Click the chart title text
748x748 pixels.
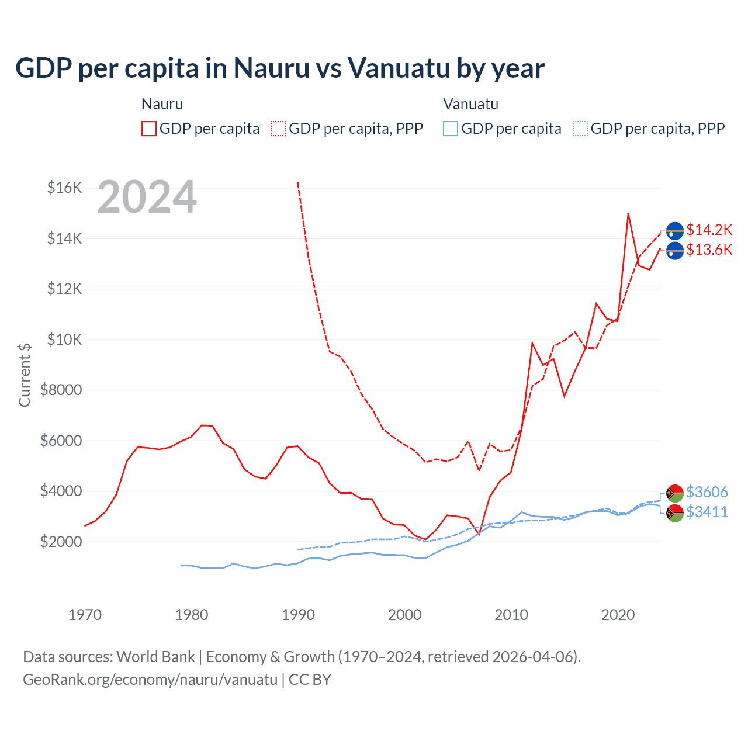coord(280,68)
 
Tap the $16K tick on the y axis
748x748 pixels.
coord(64,188)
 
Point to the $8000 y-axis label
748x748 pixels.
coord(61,390)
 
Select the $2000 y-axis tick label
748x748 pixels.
coord(61,542)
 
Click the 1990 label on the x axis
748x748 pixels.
coord(298,615)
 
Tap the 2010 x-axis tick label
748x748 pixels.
coord(511,615)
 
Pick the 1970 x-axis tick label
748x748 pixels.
coord(85,615)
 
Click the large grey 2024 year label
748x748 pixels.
coord(147,198)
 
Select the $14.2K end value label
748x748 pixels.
coord(709,230)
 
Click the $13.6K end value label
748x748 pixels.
coord(709,250)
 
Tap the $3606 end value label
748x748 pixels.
coord(707,492)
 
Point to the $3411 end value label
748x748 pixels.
coord(707,512)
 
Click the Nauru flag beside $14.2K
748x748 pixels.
coord(675,231)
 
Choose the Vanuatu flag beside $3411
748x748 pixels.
coord(675,513)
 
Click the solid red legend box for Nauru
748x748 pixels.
coord(149,129)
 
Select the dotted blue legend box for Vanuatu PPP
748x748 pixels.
coord(580,129)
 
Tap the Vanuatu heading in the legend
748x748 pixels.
coord(470,104)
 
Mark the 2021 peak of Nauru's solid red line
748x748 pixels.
coord(628,214)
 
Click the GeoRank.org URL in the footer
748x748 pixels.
coord(150,680)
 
